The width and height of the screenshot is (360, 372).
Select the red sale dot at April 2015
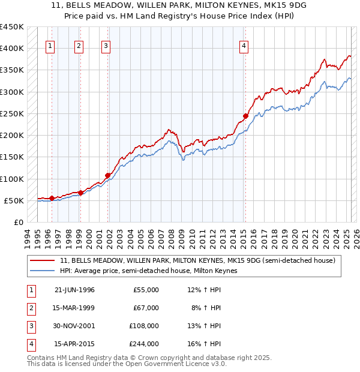(x=245, y=116)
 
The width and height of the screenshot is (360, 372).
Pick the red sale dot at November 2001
(x=108, y=175)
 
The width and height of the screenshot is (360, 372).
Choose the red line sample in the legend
(x=43, y=260)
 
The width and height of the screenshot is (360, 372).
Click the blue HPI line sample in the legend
(x=43, y=271)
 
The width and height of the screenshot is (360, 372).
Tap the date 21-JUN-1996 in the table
(x=75, y=290)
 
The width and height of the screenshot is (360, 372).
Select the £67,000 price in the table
(x=146, y=308)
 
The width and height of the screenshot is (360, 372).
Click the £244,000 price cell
(x=144, y=344)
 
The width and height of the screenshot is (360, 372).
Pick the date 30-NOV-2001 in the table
(x=75, y=326)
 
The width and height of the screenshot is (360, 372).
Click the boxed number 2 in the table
(x=30, y=308)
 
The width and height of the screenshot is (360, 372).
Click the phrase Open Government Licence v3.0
(x=175, y=364)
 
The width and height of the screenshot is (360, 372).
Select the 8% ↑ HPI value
(x=208, y=308)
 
